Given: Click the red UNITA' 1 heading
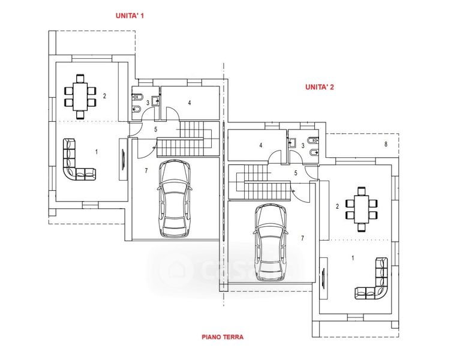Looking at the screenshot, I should [x=130, y=16].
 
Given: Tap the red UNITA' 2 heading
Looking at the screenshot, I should [x=319, y=87].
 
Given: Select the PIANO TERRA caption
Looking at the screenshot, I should [x=223, y=337].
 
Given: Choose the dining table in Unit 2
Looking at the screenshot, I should [x=362, y=208].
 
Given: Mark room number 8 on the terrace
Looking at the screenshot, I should [x=386, y=144].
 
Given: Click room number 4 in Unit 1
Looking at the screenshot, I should [x=190, y=103].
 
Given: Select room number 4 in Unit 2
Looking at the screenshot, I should [x=260, y=145].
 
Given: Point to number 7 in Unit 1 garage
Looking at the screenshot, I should [x=146, y=171].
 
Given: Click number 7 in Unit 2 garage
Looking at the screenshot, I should [x=302, y=238].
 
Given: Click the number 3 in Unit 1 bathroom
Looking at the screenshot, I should [x=148, y=103].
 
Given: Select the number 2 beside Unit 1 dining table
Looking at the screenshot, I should [x=104, y=96].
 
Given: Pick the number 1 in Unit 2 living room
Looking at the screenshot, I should [x=353, y=257].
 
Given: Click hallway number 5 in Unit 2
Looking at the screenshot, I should [x=296, y=173].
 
